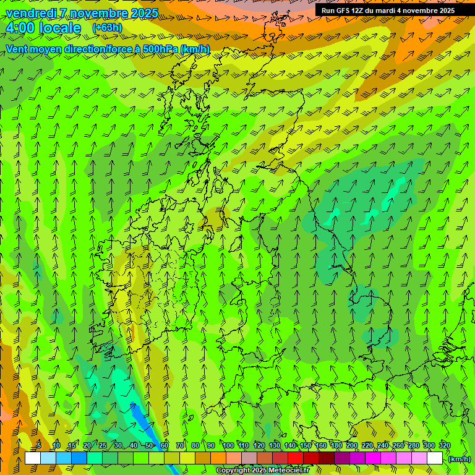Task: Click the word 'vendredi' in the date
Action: click(x=30, y=13)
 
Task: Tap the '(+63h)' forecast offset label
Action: click(x=107, y=27)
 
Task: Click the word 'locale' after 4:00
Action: click(x=60, y=28)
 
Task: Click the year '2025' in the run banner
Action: click(x=445, y=11)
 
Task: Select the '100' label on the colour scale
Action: click(x=228, y=445)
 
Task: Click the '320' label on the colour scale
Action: click(x=444, y=445)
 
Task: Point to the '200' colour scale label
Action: click(x=352, y=445)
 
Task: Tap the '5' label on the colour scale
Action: click(x=38, y=445)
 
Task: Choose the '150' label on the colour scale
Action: click(x=306, y=445)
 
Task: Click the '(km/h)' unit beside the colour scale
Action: click(x=459, y=459)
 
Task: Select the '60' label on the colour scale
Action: click(x=165, y=445)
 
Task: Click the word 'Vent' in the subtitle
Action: click(x=17, y=49)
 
